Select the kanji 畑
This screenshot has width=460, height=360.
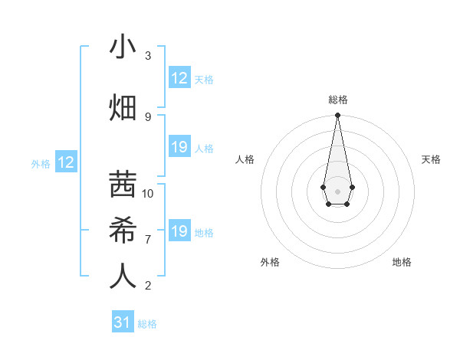[x=123, y=107]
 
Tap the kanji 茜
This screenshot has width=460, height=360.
[x=123, y=184]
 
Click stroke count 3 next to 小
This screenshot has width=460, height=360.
[x=148, y=56]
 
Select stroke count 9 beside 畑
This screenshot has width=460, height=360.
[x=148, y=116]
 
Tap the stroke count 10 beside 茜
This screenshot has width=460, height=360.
[x=148, y=193]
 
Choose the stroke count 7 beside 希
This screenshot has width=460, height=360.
[x=148, y=239]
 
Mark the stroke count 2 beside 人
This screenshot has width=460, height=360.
[x=148, y=286]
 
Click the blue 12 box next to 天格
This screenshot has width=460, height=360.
[x=179, y=78]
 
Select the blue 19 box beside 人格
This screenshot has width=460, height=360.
[x=179, y=148]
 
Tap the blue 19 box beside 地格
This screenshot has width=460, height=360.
[x=179, y=232]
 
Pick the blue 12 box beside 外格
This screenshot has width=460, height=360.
[x=66, y=162]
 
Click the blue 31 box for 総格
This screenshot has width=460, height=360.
[x=123, y=322]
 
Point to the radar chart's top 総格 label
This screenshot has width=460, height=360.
[x=337, y=100]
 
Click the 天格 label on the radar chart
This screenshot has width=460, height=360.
[x=431, y=159]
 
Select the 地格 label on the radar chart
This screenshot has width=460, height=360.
[x=402, y=262]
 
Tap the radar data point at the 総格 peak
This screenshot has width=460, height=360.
[x=337, y=116]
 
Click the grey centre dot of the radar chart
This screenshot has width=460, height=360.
[x=337, y=190]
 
